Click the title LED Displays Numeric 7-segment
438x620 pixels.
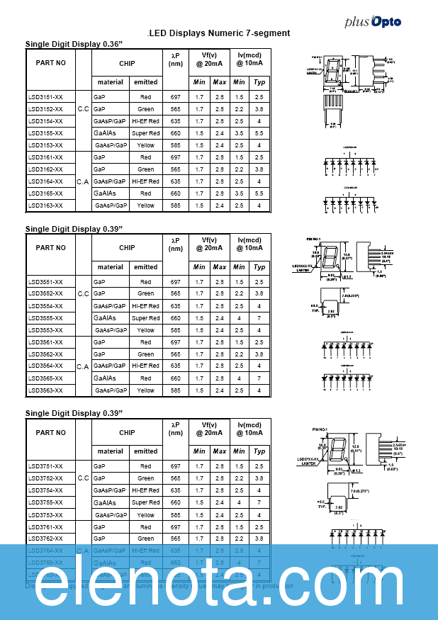pos(219,33)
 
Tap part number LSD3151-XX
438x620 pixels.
pos(45,97)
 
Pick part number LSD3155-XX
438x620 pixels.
pos(45,133)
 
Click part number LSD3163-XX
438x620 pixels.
pos(45,205)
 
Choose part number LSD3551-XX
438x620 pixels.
pos(45,282)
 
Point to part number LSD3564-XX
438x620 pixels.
pos(45,366)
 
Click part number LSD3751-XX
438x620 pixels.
pos(45,466)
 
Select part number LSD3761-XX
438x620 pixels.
pos(45,527)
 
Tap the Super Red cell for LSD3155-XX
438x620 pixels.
pos(145,133)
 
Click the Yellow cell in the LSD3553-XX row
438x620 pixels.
pos(145,330)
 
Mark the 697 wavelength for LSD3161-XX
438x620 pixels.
pos(176,157)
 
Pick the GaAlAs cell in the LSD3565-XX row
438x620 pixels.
pos(104,378)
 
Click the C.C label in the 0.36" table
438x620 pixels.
pos(83,109)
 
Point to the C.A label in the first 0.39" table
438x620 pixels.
pos(83,366)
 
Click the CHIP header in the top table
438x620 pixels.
pos(127,63)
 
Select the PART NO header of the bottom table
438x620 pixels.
pos(50,432)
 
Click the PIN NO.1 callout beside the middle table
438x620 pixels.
pos(312,239)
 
